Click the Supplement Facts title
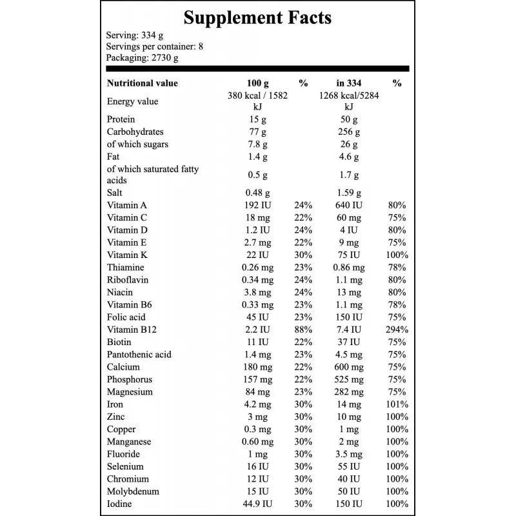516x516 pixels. (x=257, y=18)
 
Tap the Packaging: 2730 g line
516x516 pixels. (x=142, y=57)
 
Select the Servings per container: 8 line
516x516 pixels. (x=154, y=46)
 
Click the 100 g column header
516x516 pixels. (x=257, y=83)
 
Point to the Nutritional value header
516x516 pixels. (x=142, y=83)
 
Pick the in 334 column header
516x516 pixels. (x=349, y=83)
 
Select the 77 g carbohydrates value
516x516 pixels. (x=257, y=132)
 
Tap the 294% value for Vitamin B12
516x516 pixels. (x=397, y=330)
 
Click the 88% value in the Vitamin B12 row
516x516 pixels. (x=303, y=330)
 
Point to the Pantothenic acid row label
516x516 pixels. (x=139, y=354)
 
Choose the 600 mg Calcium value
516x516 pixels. (x=349, y=367)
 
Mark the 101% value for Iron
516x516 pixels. (x=397, y=404)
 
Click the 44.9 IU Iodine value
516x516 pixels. (x=257, y=504)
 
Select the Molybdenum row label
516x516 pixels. (x=133, y=491)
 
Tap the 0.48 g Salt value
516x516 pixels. (x=257, y=193)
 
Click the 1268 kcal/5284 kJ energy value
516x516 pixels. (x=349, y=101)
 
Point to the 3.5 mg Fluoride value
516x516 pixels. (x=349, y=453)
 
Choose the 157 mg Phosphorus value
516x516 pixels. (x=257, y=379)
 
